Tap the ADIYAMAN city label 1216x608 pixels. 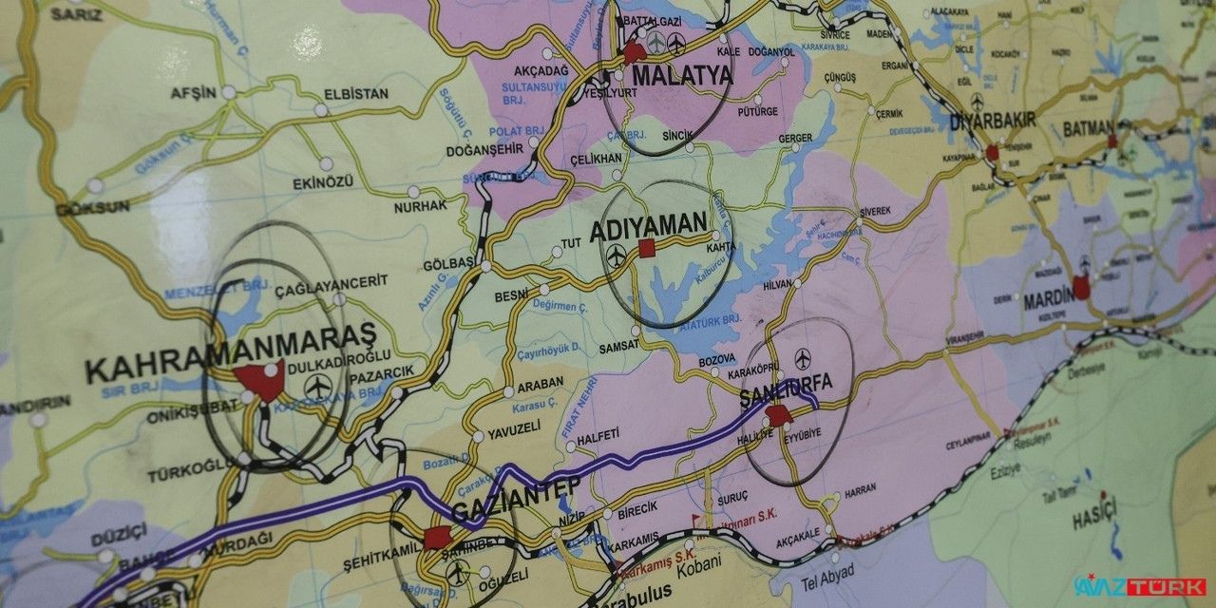click(649, 228)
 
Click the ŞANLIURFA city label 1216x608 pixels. click(785, 383)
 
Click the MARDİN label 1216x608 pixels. click(1047, 303)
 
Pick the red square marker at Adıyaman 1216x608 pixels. click(647, 248)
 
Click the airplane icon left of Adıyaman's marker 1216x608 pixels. click(617, 255)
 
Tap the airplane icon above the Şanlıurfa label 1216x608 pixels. click(804, 358)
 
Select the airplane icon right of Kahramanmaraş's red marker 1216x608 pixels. click(318, 387)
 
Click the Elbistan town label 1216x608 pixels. click(356, 94)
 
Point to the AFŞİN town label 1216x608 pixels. click(194, 93)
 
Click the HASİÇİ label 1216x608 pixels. click(1094, 519)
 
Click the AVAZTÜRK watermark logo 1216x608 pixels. click(1139, 586)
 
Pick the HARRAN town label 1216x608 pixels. click(860, 490)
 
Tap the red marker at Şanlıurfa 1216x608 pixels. click(778, 415)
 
